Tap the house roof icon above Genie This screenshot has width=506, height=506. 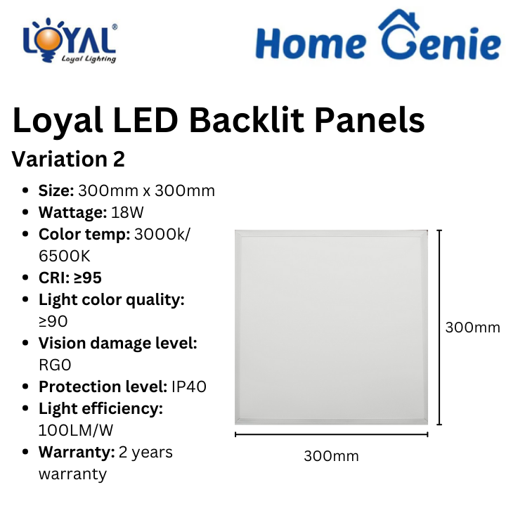[x=399, y=20]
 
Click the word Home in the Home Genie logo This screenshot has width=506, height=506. [x=311, y=44]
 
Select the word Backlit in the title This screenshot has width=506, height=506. [x=247, y=120]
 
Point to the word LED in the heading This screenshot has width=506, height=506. [x=145, y=120]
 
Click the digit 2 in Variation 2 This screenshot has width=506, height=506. [x=119, y=159]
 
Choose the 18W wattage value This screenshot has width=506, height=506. [x=127, y=212]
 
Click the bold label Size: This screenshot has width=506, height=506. [x=56, y=190]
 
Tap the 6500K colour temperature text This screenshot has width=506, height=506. [x=65, y=256]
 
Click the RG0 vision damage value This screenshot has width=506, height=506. [x=55, y=365]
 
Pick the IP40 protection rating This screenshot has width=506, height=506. [x=189, y=387]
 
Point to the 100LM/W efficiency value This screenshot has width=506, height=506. [x=76, y=430]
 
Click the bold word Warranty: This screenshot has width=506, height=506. [x=77, y=452]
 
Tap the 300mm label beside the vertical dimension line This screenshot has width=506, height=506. [x=473, y=327]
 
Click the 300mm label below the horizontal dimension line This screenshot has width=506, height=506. [x=332, y=456]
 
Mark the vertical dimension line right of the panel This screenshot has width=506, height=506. [x=439, y=327]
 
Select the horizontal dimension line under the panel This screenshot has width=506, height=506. [x=332, y=434]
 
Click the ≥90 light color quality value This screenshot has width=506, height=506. [x=53, y=321]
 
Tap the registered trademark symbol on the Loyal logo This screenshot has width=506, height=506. [x=115, y=27]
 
